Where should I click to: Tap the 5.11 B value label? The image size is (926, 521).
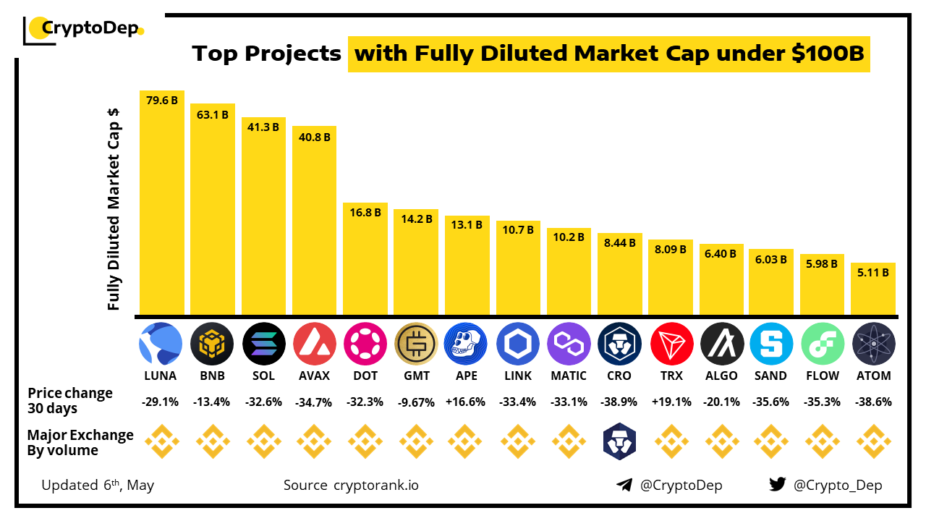tap(873, 274)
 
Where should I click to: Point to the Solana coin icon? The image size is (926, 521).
tap(263, 344)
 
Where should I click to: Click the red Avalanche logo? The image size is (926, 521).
tap(315, 344)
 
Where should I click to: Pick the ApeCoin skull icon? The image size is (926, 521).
tap(467, 344)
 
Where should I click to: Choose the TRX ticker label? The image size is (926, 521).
tap(671, 376)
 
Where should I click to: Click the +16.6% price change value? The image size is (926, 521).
tap(467, 402)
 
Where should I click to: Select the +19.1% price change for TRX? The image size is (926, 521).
tap(671, 402)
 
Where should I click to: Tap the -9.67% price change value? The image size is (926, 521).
tap(416, 402)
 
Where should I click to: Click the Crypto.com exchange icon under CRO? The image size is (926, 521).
tap(619, 442)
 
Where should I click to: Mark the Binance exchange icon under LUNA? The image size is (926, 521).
tap(161, 442)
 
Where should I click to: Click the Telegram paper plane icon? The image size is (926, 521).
tap(624, 485)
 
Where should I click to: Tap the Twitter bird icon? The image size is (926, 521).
tap(777, 485)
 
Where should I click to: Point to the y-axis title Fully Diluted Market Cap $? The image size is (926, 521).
tap(114, 210)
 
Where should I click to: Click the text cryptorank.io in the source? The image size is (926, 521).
tap(375, 485)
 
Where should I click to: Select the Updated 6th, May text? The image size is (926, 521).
tap(98, 485)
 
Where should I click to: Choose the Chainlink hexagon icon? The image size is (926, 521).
tap(518, 344)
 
